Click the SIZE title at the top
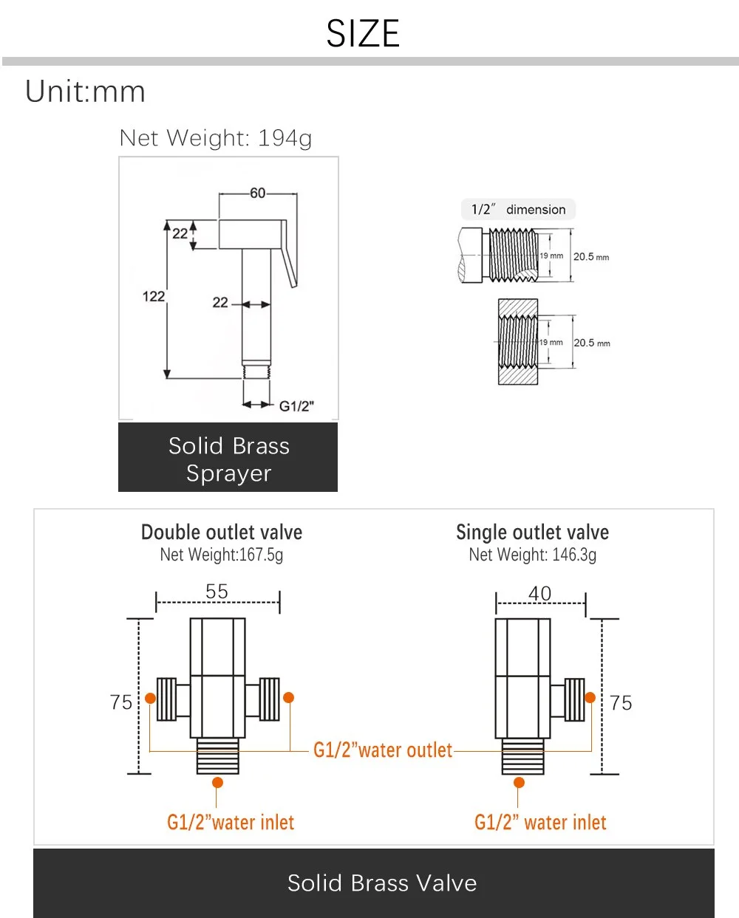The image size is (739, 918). (363, 33)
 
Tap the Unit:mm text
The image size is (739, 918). (86, 92)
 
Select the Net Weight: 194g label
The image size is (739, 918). (216, 138)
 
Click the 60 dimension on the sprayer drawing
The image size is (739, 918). (257, 193)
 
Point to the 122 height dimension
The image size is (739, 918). (153, 296)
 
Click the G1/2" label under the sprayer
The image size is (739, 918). (296, 406)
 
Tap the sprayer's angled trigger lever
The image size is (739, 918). (289, 253)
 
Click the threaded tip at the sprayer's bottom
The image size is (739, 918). (256, 371)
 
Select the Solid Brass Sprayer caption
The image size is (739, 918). (229, 459)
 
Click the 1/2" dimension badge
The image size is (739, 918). (518, 210)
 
